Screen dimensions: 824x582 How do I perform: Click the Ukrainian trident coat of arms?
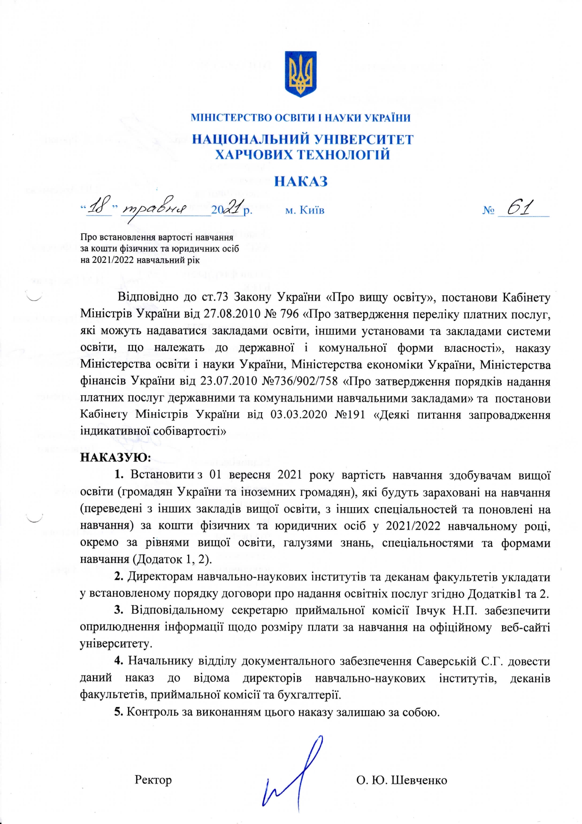point(300,74)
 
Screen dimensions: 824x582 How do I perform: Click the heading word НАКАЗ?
point(300,182)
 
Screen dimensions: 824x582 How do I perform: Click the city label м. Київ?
point(305,210)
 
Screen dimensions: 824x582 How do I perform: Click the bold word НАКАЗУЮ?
point(115,457)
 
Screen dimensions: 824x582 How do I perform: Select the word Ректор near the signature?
point(153,780)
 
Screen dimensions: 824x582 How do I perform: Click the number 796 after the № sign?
point(289,314)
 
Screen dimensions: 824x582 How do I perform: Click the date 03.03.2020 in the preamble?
point(299,415)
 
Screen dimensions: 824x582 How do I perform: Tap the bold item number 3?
point(119,610)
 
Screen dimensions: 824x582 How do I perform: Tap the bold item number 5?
point(119,712)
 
